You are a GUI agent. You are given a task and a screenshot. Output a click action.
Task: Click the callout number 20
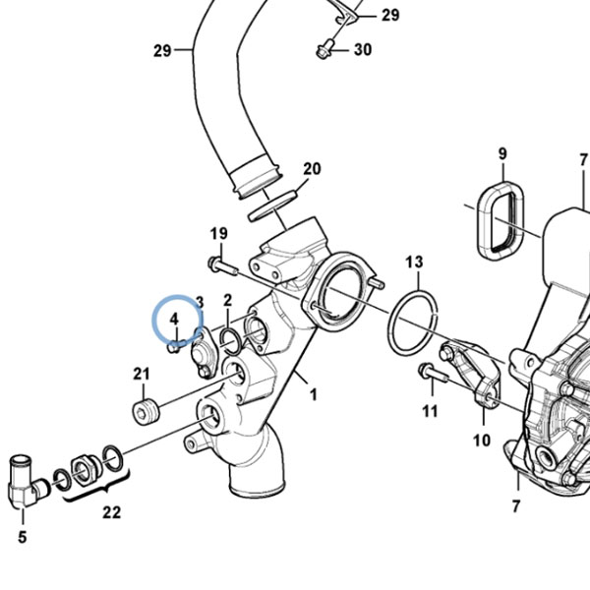click(x=312, y=169)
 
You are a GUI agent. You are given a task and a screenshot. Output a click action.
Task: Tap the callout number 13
click(x=414, y=262)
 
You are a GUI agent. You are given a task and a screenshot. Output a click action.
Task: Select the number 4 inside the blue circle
click(x=174, y=319)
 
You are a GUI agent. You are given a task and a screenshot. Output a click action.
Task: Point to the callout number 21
click(x=141, y=374)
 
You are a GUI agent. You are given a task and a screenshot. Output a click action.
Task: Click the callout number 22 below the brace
click(x=112, y=512)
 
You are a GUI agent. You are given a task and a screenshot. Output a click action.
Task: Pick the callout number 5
click(x=23, y=537)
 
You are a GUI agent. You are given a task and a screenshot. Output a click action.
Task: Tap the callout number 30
click(x=363, y=50)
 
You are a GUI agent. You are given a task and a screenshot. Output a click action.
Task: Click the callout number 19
click(x=219, y=234)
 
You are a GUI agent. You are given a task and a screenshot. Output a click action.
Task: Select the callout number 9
click(x=502, y=153)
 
